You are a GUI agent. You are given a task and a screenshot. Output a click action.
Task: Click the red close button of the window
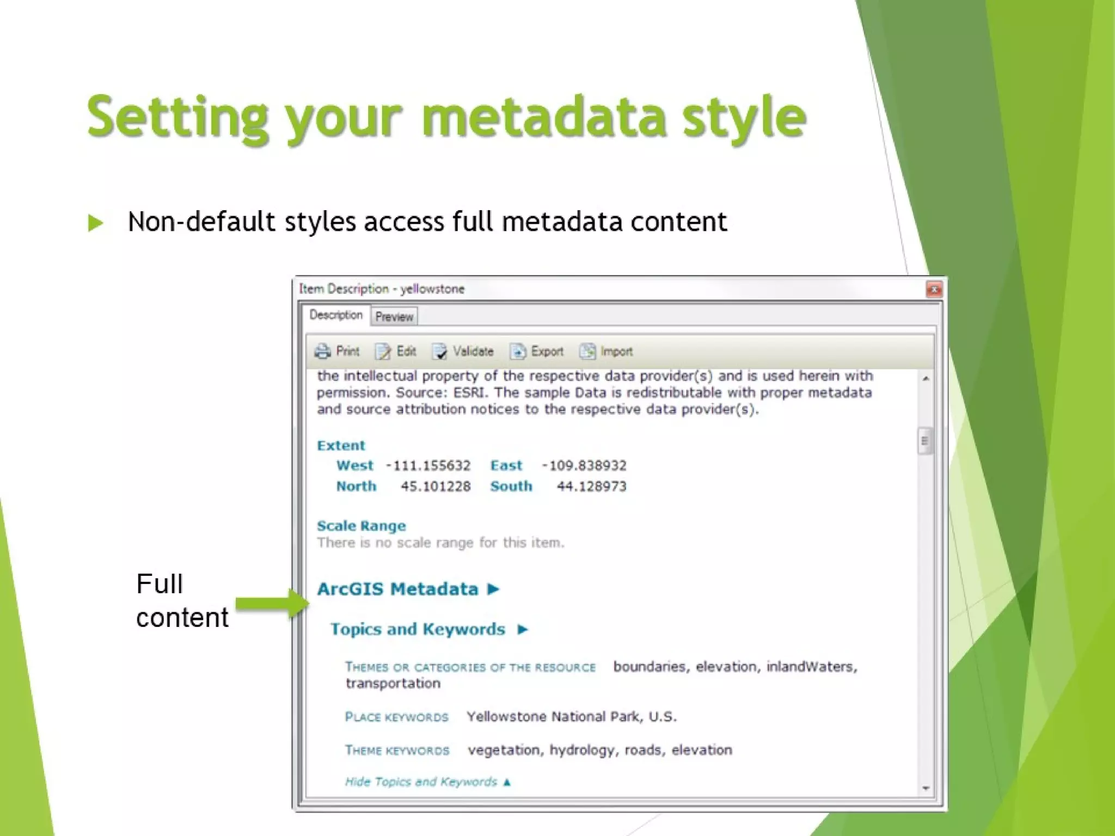(934, 290)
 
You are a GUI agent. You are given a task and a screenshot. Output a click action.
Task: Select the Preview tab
(394, 317)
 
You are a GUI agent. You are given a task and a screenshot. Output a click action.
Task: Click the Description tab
(335, 315)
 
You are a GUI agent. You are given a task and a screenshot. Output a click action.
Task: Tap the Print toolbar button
(337, 352)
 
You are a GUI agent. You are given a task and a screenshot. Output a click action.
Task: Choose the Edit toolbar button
(396, 352)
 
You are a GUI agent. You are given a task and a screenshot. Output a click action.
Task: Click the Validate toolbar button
(463, 352)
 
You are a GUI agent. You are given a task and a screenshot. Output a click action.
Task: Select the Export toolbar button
(537, 352)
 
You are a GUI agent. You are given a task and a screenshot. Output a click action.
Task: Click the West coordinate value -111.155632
(428, 466)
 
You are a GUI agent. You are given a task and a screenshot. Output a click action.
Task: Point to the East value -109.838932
(584, 466)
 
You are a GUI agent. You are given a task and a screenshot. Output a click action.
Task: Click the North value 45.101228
(436, 487)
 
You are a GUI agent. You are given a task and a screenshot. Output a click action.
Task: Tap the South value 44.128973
(591, 487)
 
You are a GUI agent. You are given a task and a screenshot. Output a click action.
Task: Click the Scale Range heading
(361, 526)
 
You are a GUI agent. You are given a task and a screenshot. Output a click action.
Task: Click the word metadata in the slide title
(543, 117)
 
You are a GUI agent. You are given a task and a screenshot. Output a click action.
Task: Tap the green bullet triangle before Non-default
(96, 223)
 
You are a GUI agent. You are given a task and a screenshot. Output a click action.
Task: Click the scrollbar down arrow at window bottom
(926, 788)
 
